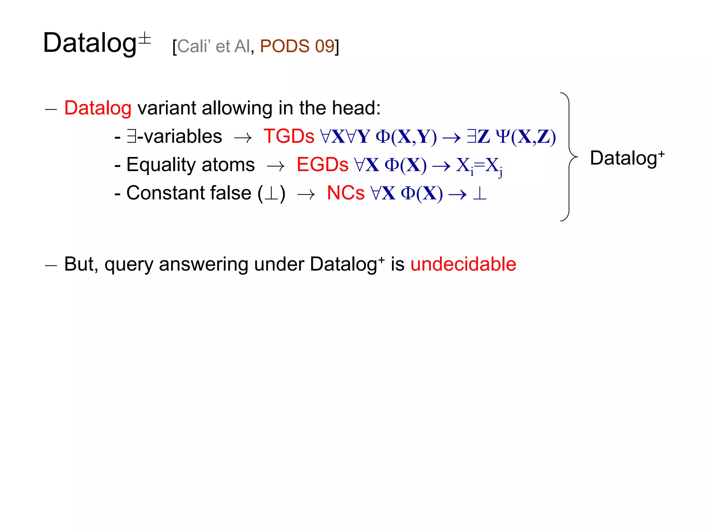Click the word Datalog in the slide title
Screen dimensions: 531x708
click(90, 43)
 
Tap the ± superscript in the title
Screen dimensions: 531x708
click(145, 38)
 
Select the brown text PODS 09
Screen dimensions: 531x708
click(297, 46)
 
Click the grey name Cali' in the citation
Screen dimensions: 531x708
click(194, 46)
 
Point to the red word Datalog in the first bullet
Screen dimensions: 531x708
click(98, 108)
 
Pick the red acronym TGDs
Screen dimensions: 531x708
click(289, 136)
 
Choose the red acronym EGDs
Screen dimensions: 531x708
click(322, 165)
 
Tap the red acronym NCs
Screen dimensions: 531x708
click(345, 193)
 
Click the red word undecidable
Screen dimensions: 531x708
click(463, 264)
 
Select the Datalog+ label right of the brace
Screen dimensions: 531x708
click(627, 158)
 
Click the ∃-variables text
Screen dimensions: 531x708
click(174, 136)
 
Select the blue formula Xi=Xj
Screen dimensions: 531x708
click(479, 166)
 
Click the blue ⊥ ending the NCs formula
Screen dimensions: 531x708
click(479, 193)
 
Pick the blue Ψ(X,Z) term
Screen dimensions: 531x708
click(525, 136)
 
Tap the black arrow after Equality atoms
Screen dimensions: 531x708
click(276, 167)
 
